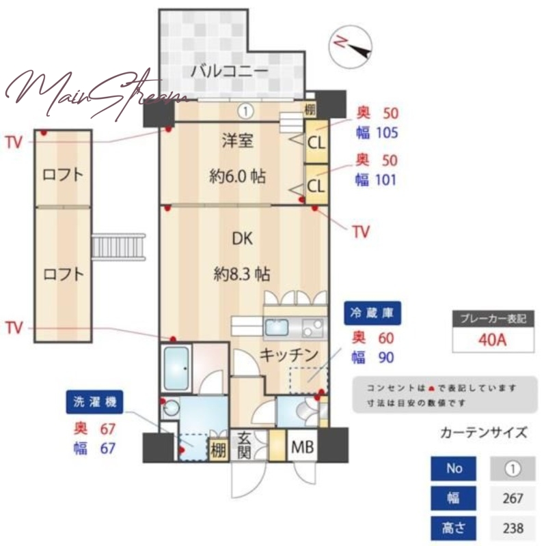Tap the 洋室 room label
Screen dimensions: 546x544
point(237,141)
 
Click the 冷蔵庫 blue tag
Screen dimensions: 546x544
point(372,315)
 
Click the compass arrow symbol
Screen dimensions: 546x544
point(351,45)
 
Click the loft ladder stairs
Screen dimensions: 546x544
point(119,246)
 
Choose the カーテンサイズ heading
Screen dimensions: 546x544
point(484,432)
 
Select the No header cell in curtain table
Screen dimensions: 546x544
point(454,469)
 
